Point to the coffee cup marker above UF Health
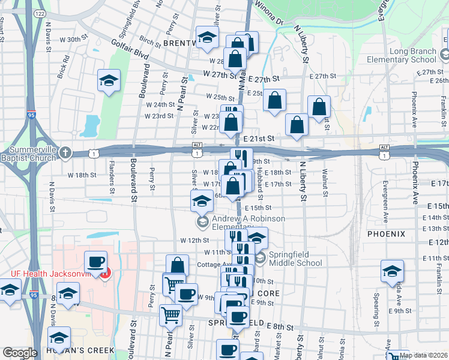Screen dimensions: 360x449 (x=96, y=262)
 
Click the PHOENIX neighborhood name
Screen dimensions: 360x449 (x=386, y=233)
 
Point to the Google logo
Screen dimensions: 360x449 (x=20, y=353)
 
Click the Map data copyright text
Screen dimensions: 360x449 (x=424, y=355)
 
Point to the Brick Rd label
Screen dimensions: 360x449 (x=63, y=67)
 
